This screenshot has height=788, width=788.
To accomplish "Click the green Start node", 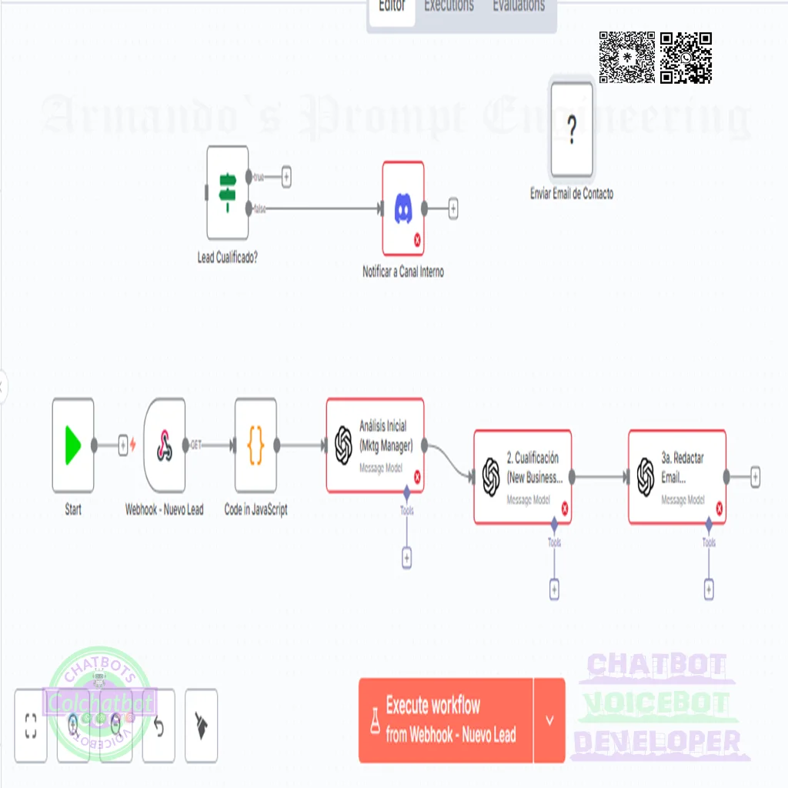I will [x=73, y=446].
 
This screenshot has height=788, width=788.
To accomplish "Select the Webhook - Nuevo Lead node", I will [x=164, y=446].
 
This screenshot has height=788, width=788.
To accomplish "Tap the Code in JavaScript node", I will [x=255, y=446].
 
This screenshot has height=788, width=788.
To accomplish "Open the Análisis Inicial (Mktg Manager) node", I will [x=375, y=446].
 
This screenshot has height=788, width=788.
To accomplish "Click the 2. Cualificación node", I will [x=523, y=477].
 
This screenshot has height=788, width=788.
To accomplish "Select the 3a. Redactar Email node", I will [x=677, y=477].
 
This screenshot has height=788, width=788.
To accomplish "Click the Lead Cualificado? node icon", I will [x=227, y=192].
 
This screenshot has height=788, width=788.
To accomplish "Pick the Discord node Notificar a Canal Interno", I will [x=403, y=208].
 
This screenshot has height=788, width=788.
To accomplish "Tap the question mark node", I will [x=572, y=131].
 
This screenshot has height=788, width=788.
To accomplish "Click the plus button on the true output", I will [x=286, y=177].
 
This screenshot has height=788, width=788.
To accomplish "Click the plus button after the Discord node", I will [x=453, y=208].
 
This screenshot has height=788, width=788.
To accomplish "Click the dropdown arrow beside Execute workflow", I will [x=549, y=720].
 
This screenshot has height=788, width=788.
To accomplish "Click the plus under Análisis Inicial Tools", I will [x=407, y=558].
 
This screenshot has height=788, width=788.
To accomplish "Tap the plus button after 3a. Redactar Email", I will [x=755, y=477].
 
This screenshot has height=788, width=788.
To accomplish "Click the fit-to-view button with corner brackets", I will [x=31, y=725].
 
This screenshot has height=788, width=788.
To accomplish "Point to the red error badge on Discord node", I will [x=418, y=240].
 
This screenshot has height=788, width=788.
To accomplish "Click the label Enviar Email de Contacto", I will [x=572, y=194].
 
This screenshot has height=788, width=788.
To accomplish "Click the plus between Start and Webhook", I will [x=123, y=446].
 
